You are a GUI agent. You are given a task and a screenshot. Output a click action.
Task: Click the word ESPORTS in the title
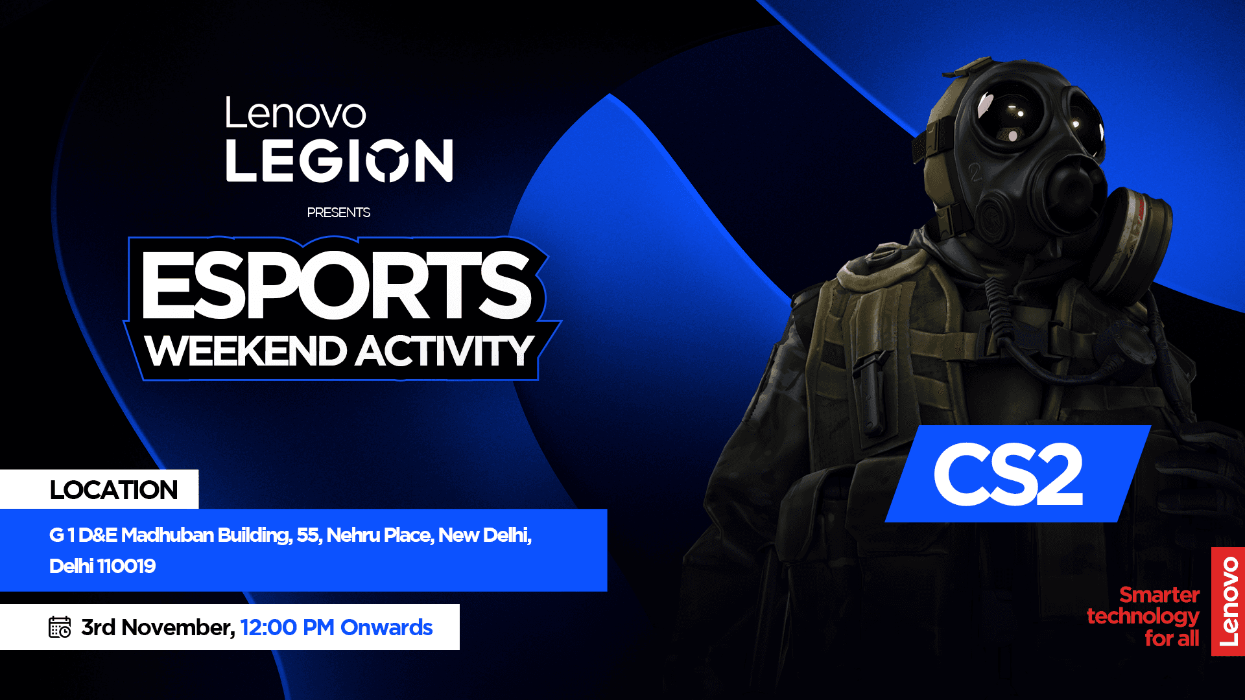(337, 285)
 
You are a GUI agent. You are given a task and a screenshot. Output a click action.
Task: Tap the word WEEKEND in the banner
(246, 351)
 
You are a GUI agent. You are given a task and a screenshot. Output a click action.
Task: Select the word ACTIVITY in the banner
(444, 351)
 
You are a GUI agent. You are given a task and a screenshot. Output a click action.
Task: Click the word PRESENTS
(338, 213)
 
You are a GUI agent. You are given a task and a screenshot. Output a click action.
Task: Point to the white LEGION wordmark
(338, 160)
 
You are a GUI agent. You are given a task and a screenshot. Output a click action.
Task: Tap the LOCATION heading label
(113, 490)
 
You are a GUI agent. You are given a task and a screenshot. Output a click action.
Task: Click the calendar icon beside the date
(60, 627)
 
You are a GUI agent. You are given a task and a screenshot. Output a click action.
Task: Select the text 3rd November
(158, 627)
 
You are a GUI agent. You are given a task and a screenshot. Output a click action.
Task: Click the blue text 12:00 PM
(287, 627)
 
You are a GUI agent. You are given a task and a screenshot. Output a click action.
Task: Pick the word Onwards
(386, 627)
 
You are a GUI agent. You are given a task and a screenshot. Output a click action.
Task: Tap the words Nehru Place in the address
(379, 535)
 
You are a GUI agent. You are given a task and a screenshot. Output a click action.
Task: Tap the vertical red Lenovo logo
(1228, 601)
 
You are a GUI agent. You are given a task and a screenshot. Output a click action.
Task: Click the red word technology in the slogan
(1143, 616)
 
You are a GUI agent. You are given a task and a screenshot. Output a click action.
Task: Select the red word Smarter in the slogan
(1159, 594)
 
